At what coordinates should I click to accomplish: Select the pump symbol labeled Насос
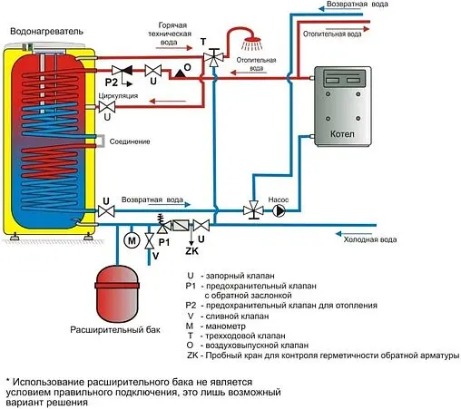point(278,209)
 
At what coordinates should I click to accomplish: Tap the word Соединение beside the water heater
point(131,141)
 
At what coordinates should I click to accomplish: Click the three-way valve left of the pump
point(249,209)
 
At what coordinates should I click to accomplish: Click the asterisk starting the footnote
point(8,379)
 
